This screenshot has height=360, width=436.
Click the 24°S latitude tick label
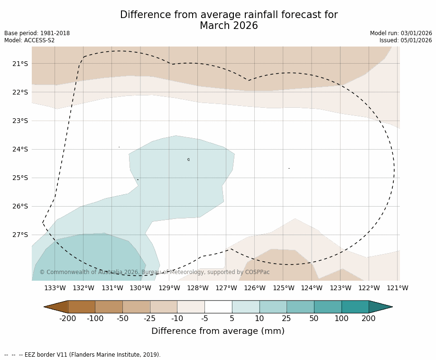(x=19, y=149)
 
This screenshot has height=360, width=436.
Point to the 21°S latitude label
(x=19, y=64)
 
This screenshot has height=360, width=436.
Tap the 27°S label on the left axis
(x=19, y=235)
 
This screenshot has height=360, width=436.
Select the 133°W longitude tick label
(x=55, y=288)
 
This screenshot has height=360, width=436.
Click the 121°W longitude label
(x=398, y=288)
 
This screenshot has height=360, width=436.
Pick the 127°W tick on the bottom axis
(x=226, y=288)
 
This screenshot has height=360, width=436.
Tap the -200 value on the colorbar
(x=68, y=319)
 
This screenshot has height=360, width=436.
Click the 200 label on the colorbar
(x=369, y=319)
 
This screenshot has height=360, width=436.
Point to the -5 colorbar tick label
(x=204, y=319)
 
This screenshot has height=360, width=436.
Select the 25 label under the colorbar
(x=287, y=319)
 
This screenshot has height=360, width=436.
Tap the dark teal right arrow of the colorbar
(x=380, y=307)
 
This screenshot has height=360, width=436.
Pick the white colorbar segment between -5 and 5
(x=218, y=307)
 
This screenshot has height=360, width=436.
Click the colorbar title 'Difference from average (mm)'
(x=218, y=332)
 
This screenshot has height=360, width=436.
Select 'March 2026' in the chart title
(x=229, y=26)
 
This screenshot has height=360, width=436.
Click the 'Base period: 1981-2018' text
(x=37, y=33)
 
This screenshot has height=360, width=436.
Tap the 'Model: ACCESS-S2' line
(x=29, y=40)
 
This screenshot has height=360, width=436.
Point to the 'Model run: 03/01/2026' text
(x=401, y=33)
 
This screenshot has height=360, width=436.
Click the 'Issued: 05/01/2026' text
(x=406, y=40)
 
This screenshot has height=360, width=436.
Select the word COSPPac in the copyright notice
(x=257, y=272)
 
